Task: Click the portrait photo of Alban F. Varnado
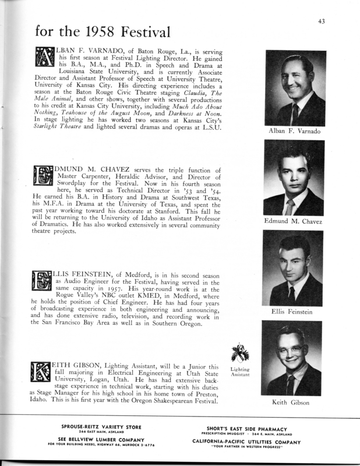(x=295, y=87)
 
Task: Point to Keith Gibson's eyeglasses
(x=291, y=351)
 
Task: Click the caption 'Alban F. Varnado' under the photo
(x=294, y=131)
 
